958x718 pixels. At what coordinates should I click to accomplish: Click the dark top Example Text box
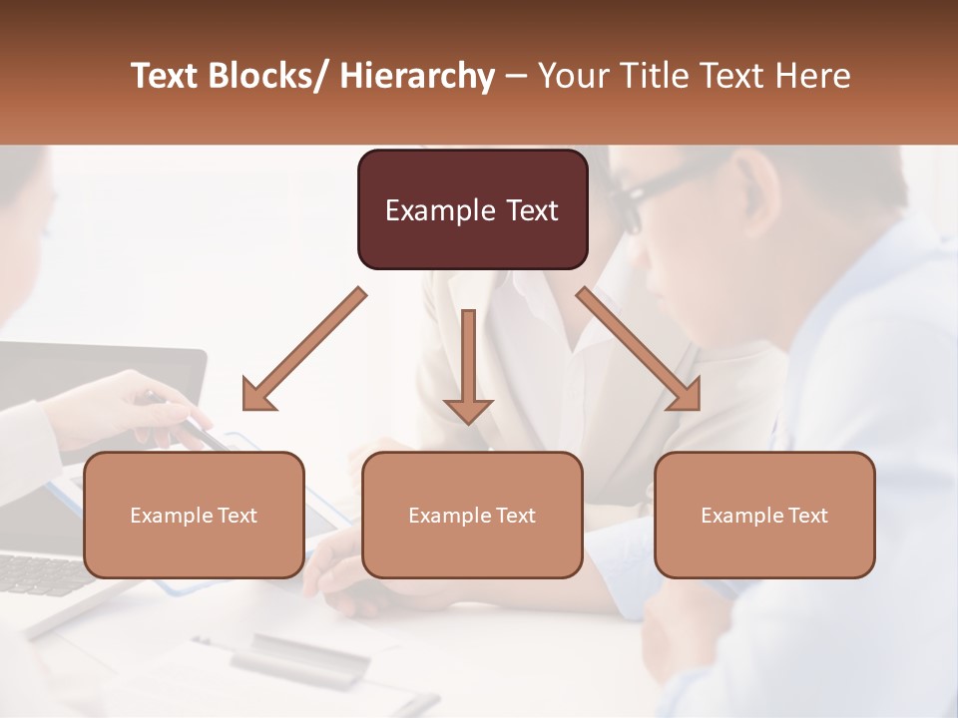pos(472,209)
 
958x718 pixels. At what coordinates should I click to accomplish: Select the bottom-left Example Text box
pos(194,515)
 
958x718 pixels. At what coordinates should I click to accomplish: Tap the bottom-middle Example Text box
pos(472,515)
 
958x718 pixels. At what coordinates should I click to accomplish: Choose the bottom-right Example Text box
pos(764,515)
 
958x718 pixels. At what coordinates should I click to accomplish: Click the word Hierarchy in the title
pos(417,76)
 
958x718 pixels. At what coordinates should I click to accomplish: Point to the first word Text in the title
pos(166,76)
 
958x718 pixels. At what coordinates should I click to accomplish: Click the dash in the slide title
pos(516,76)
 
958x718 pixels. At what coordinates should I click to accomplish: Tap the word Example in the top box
pos(440,210)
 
